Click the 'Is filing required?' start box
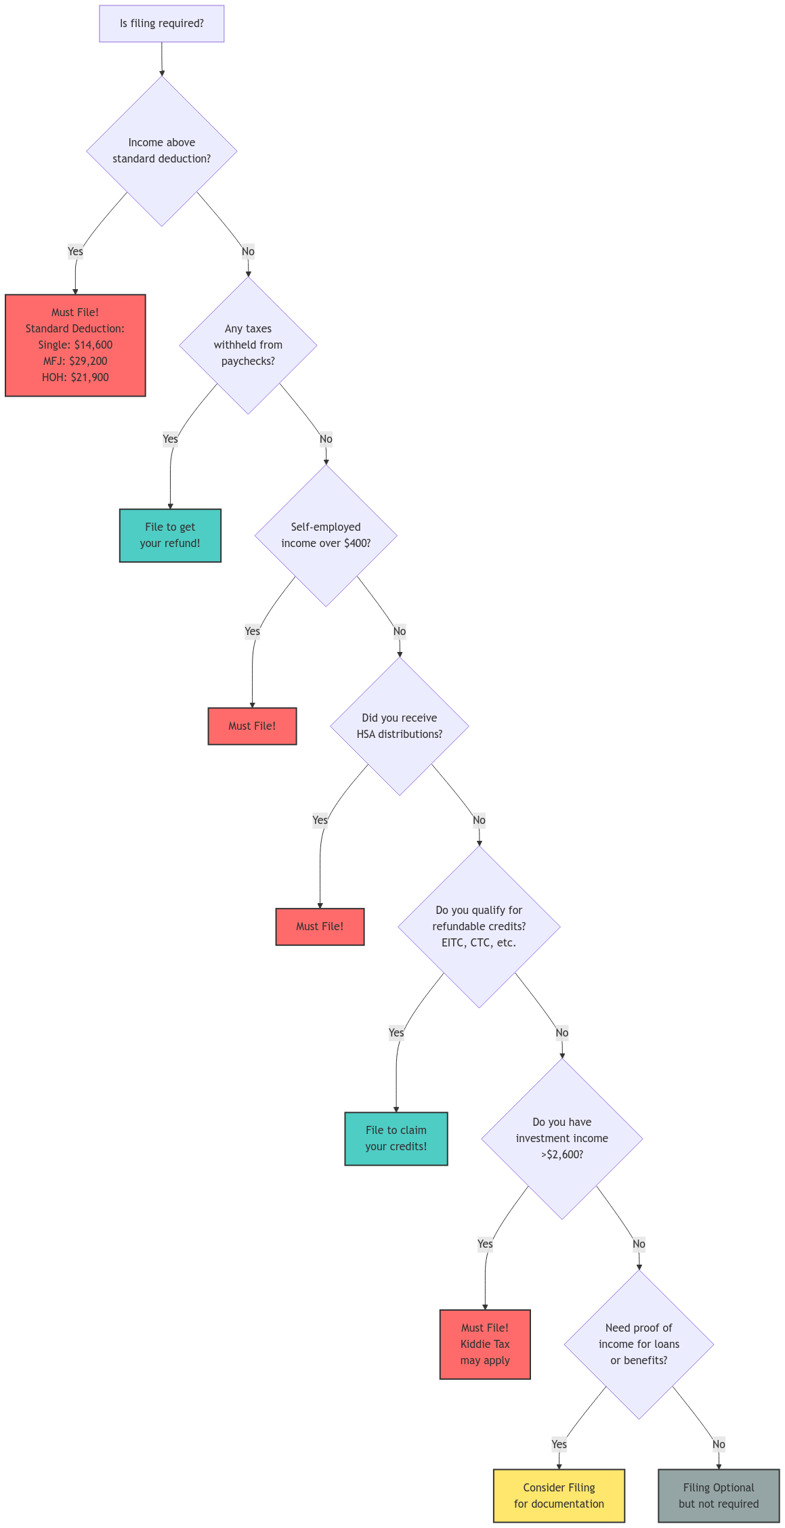pyautogui.click(x=161, y=24)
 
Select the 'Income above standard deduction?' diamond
pyautogui.click(x=161, y=151)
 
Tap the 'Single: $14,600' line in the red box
pyautogui.click(x=75, y=345)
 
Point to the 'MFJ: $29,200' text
pyautogui.click(x=75, y=361)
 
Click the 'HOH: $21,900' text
pyautogui.click(x=75, y=377)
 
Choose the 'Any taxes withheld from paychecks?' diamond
pyautogui.click(x=248, y=345)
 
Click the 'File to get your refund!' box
pyautogui.click(x=170, y=536)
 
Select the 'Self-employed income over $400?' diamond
pyautogui.click(x=326, y=536)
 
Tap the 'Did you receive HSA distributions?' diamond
pyautogui.click(x=400, y=726)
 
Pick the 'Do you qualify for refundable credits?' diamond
pyautogui.click(x=479, y=927)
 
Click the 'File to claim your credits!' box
pyautogui.click(x=396, y=1139)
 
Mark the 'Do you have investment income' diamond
pyautogui.click(x=562, y=1139)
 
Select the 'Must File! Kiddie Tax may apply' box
pyautogui.click(x=485, y=1345)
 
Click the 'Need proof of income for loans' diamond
pyautogui.click(x=639, y=1345)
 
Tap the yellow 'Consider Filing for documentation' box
pyautogui.click(x=559, y=1496)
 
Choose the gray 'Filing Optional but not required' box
pyautogui.click(x=719, y=1496)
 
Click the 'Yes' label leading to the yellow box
pyautogui.click(x=559, y=1444)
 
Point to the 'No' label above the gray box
pyautogui.click(x=719, y=1444)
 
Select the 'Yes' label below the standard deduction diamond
pyautogui.click(x=75, y=252)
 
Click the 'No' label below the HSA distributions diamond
pyautogui.click(x=479, y=821)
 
